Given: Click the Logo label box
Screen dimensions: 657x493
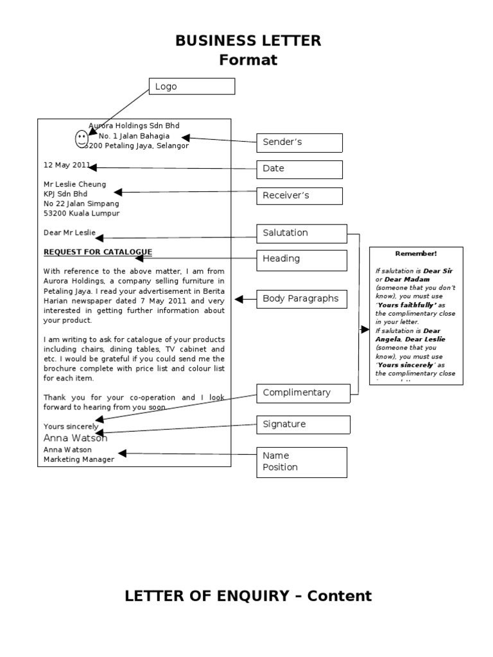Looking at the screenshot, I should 192,87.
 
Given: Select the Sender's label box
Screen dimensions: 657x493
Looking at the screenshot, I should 300,142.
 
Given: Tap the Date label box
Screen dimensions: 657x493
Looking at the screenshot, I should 300,169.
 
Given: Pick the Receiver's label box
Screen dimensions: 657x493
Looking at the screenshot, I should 300,196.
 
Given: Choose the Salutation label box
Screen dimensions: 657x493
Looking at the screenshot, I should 302,233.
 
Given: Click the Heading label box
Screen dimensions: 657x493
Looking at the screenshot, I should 302,259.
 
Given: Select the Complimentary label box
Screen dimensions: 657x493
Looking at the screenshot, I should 304,393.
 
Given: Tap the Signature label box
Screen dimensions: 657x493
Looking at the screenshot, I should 304,425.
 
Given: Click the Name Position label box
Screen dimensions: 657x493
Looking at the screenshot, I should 302,462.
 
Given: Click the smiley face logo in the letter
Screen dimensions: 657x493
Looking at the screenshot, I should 82,138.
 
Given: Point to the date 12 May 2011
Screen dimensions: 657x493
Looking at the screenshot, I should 67,165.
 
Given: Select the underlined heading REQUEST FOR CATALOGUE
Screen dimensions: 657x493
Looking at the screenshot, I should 98,252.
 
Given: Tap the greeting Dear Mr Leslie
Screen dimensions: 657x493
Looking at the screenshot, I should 69,233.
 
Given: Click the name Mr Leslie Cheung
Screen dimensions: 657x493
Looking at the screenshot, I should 74,184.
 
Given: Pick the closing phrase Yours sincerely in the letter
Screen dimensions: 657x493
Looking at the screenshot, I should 71,427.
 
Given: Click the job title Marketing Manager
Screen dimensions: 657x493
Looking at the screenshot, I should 78,459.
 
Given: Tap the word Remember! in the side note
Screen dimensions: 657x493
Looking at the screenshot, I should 416,254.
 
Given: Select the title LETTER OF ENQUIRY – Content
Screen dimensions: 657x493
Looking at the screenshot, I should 248,596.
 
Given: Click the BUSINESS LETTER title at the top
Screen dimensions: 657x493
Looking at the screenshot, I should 248,42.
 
